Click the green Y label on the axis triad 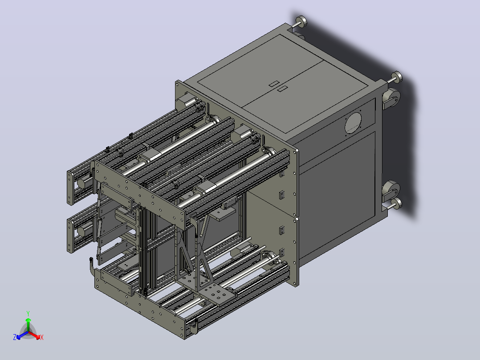click(28, 313)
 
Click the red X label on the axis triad click(42, 337)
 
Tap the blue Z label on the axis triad click(15, 337)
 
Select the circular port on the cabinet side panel click(353, 123)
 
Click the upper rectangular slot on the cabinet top click(274, 83)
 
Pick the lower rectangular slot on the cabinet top click(282, 89)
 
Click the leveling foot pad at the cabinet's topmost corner click(301, 21)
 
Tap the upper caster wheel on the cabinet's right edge click(391, 98)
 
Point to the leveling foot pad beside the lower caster click(397, 203)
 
